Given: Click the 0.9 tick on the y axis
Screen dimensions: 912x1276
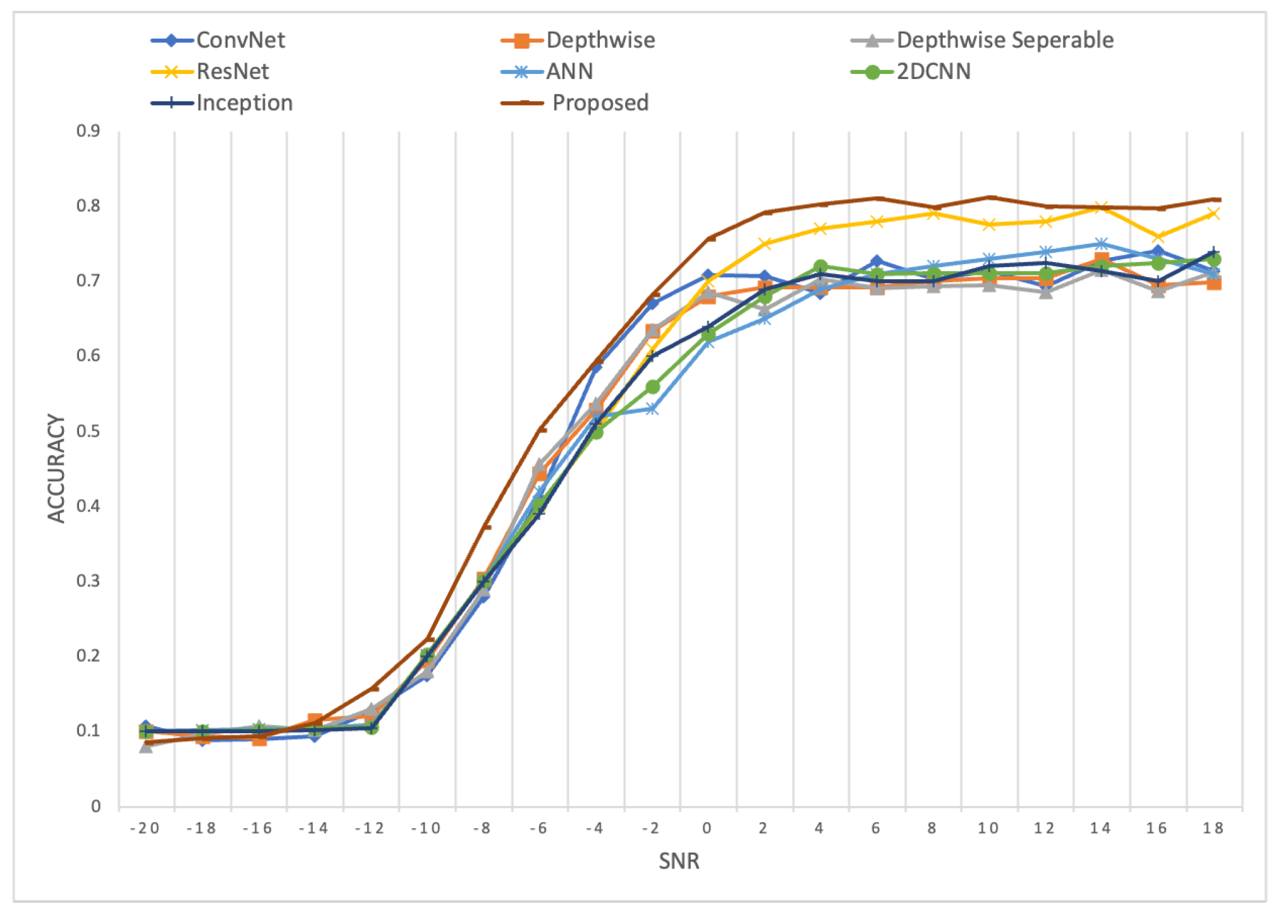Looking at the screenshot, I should (x=88, y=131).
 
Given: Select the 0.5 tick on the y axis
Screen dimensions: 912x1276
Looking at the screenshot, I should (x=88, y=431).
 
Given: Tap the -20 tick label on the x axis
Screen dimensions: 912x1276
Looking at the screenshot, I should (x=145, y=829).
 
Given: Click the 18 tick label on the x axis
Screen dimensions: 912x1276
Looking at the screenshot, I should (x=1213, y=829).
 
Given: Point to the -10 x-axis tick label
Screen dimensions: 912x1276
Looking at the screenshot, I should (x=426, y=829).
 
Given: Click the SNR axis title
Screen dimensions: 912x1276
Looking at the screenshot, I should (x=679, y=861).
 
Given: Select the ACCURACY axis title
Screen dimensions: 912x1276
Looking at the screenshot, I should (x=56, y=468).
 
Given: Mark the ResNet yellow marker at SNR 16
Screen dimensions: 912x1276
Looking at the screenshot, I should (x=1158, y=237).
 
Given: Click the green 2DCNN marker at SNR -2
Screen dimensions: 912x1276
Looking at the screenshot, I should (x=652, y=387).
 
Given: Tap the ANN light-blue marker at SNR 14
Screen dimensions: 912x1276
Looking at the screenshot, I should (x=1102, y=244).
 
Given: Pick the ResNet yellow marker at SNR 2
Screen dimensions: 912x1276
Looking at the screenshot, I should (x=765, y=243).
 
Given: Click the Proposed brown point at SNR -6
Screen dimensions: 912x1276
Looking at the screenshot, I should (x=540, y=429).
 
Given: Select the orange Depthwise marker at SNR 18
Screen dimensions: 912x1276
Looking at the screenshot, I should (x=1213, y=282).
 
